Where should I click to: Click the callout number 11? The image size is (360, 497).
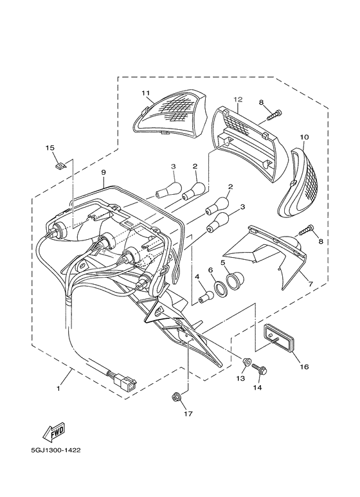coord(145,93)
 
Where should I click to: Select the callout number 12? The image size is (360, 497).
coord(238,100)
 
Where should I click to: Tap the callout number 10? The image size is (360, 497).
coord(304,137)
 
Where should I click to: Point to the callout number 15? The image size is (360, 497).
coord(50,148)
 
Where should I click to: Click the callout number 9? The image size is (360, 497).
coord(104,172)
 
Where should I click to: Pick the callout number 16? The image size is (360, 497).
coord(304,366)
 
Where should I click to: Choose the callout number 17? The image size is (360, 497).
coord(188,413)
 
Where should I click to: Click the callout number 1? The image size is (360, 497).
coord(59,388)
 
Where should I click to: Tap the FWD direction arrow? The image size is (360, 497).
coord(54,431)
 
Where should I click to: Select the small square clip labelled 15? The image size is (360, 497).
coord(60,165)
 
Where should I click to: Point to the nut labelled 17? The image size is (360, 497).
coord(175,397)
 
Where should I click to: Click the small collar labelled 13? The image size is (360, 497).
coord(246,361)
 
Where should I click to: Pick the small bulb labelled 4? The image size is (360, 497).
coord(206,296)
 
